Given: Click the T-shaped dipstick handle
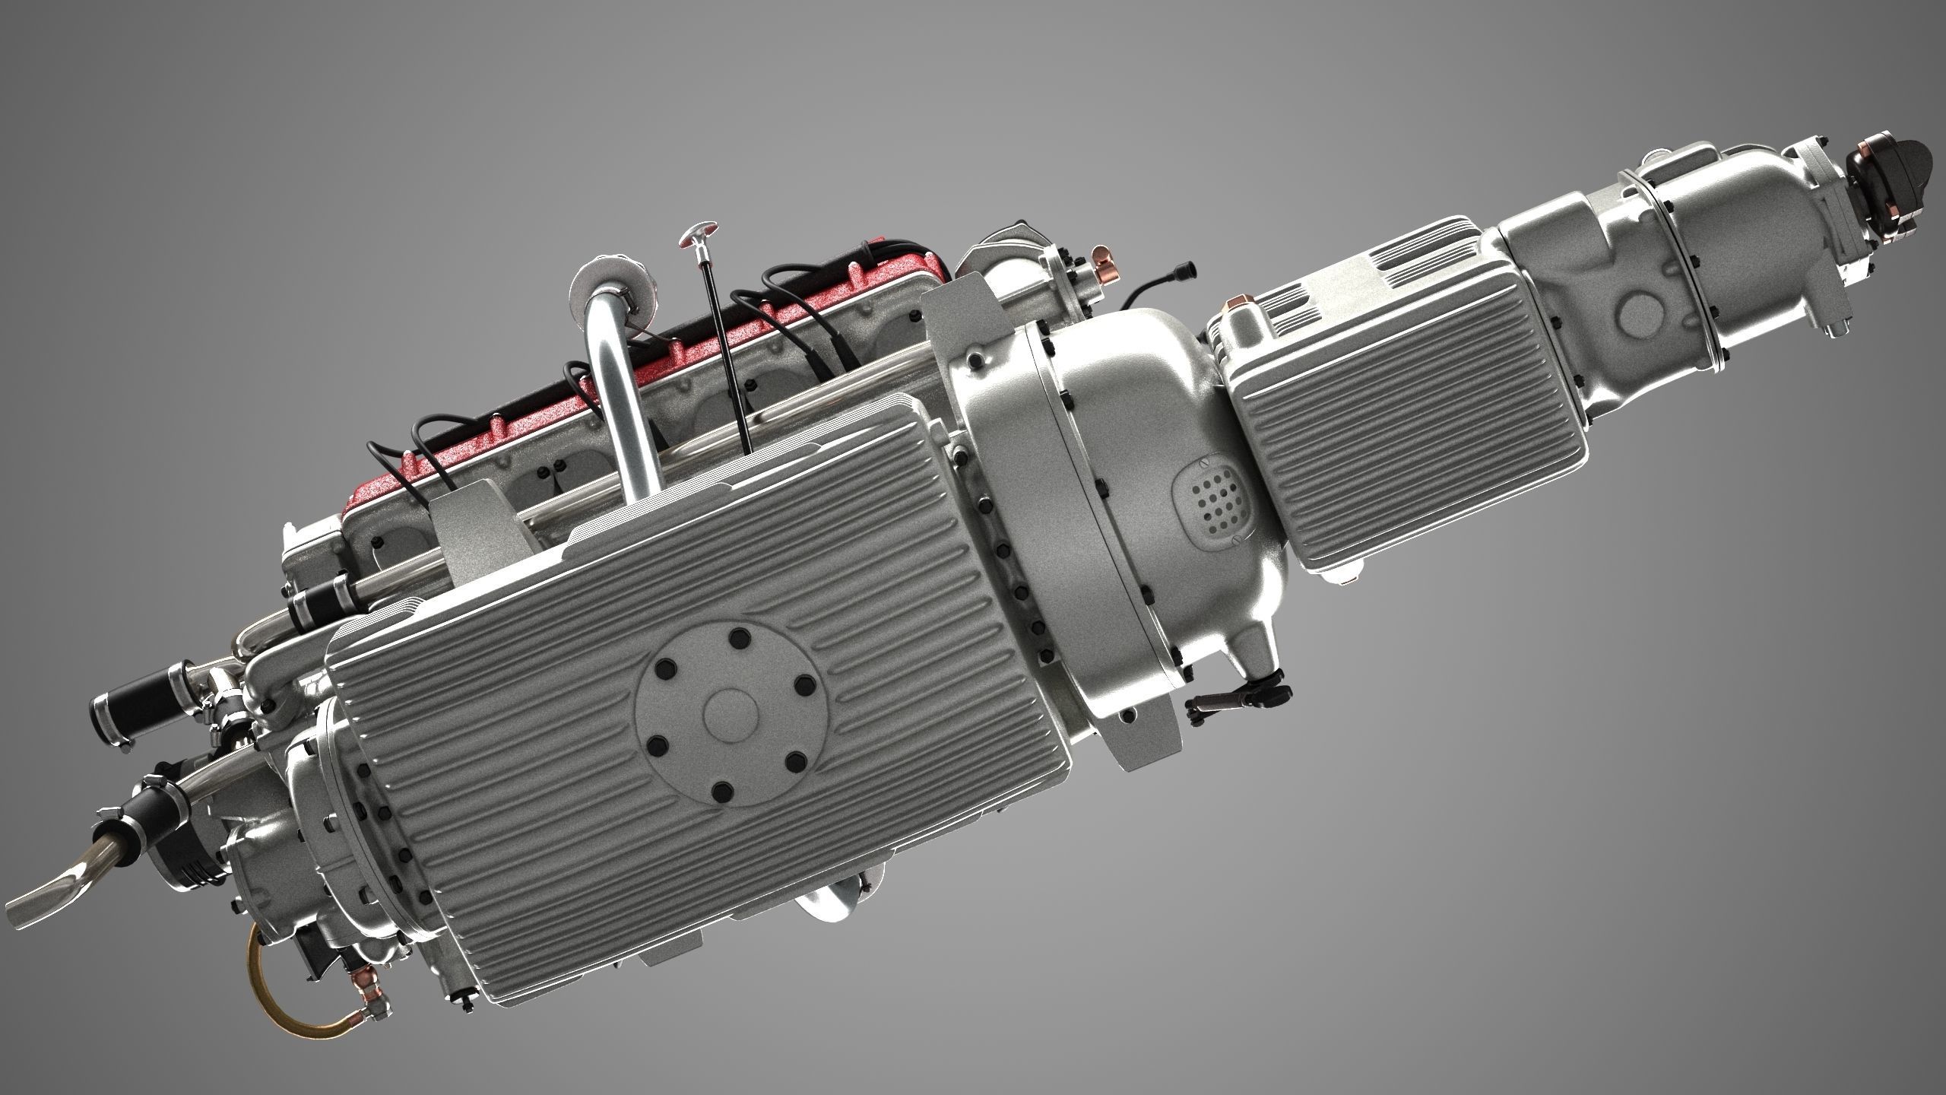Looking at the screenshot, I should (x=698, y=230).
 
